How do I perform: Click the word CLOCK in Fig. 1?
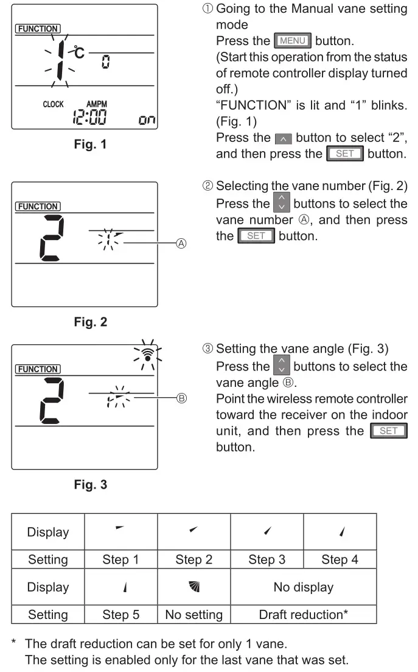pos(53,104)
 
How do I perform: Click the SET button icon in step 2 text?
pos(257,236)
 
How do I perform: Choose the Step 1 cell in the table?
pos(120,560)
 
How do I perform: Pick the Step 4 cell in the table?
pos(340,560)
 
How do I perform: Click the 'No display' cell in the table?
pos(303,587)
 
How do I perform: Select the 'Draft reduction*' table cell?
pos(303,614)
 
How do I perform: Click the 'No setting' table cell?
pos(193,614)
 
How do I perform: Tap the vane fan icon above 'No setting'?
pos(193,587)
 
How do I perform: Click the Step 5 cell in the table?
pos(120,614)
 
